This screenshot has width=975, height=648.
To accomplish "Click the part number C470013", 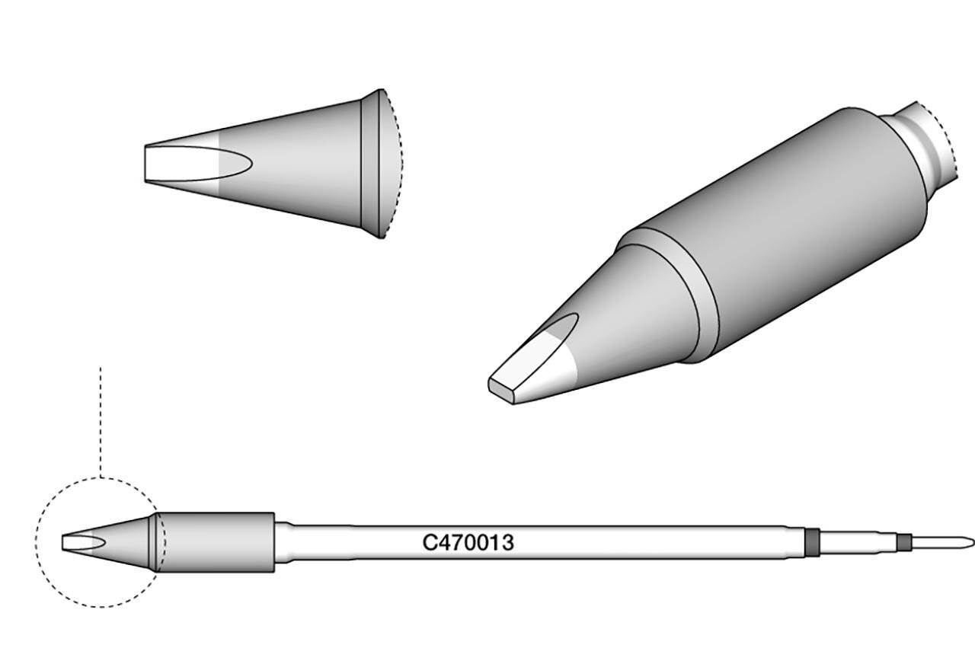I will click(x=468, y=543).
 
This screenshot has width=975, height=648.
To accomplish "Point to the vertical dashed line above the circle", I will click(x=100, y=419).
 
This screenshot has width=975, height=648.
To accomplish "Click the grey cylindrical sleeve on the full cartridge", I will click(x=217, y=542).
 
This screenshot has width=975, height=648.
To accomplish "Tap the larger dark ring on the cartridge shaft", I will click(x=812, y=542).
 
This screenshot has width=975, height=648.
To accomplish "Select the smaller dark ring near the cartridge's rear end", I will click(x=904, y=542).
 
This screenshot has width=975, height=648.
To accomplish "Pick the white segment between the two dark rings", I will click(x=857, y=542).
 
